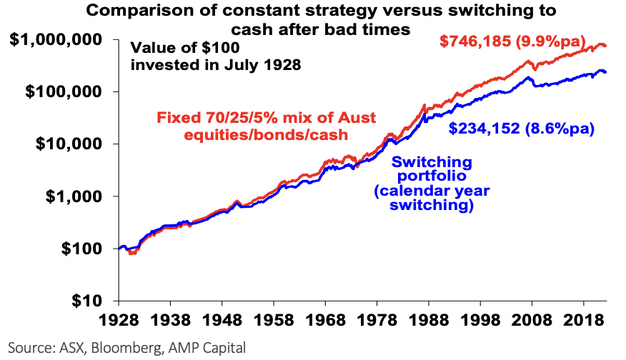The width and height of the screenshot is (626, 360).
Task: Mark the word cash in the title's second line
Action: tap(250, 29)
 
